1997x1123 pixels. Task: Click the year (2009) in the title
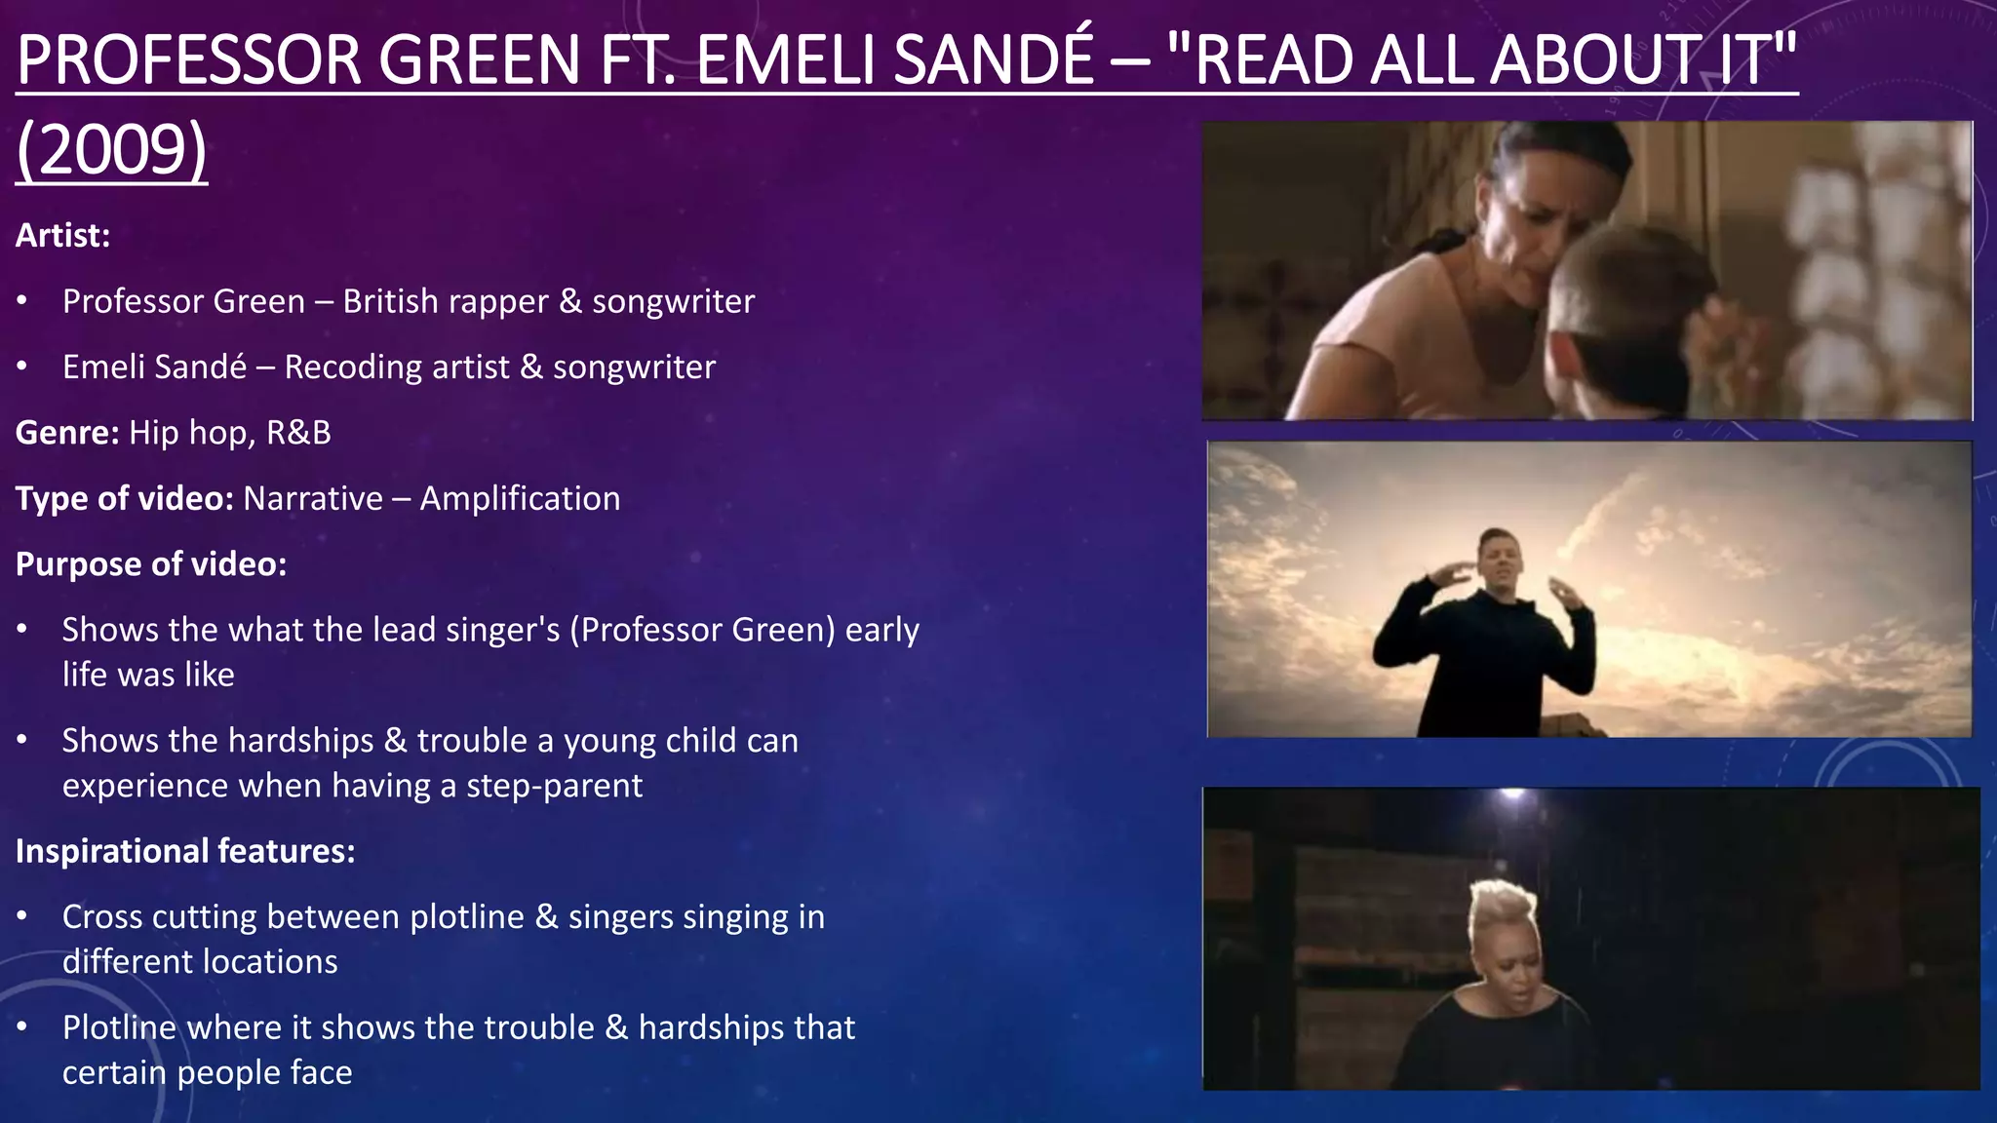(x=111, y=149)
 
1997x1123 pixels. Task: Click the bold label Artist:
(x=62, y=235)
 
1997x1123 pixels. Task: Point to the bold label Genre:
(x=66, y=432)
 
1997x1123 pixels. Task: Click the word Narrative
(x=313, y=498)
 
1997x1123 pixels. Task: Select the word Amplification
(x=520, y=498)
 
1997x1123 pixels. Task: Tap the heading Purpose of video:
(x=151, y=564)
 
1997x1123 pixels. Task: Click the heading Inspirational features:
(x=185, y=851)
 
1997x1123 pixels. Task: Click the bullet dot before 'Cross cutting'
(x=22, y=916)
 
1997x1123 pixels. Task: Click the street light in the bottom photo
(x=1513, y=794)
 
